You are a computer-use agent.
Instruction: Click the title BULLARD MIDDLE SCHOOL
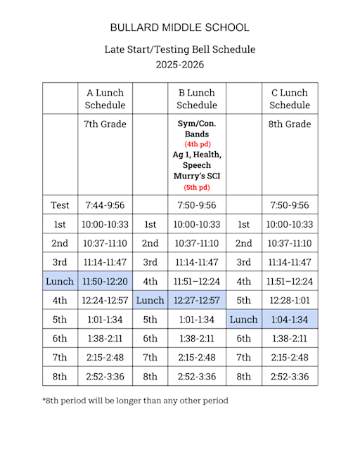pos(180,28)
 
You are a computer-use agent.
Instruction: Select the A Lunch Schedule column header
pos(105,99)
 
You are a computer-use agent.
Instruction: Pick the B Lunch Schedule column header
pos(197,99)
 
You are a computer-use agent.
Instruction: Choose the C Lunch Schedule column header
pos(290,99)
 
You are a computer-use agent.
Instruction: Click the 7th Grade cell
pos(105,124)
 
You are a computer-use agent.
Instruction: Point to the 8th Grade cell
pos(290,124)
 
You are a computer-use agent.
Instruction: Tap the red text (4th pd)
pos(197,144)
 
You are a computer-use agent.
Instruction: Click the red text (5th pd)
pos(197,187)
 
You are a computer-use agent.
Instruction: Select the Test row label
pos(60,205)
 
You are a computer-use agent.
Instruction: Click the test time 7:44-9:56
pos(105,205)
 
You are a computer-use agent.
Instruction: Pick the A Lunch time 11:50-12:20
pos(105,281)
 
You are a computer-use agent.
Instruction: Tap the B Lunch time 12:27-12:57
pos(197,300)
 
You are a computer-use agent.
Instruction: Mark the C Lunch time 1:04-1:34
pos(290,319)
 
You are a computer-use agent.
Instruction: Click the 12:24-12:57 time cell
pos(105,300)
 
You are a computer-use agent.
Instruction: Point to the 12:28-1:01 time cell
pos(290,300)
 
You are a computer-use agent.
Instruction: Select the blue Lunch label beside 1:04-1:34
pos(244,319)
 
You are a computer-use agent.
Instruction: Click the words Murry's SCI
pos(197,176)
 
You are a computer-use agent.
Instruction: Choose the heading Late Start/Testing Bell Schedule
pos(180,49)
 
